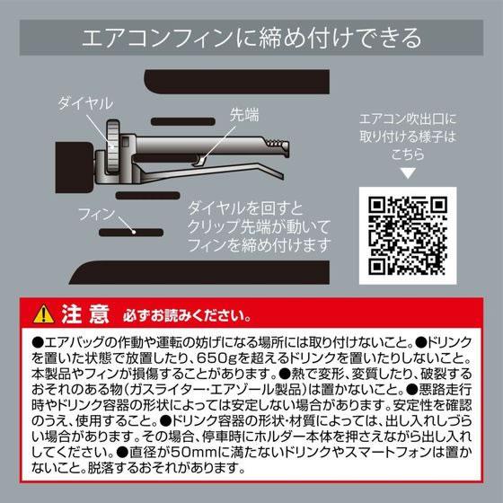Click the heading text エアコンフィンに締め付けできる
coord(251,39)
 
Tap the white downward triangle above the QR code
coord(409,171)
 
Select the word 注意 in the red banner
coord(86,314)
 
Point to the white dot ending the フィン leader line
coord(135,231)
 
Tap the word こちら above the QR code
coord(408,153)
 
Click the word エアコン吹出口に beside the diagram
coord(408,118)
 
